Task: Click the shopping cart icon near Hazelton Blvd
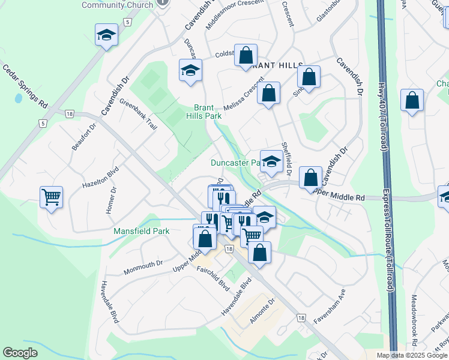(52, 196)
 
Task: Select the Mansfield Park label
(142, 231)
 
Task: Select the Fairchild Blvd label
(214, 277)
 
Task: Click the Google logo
(20, 353)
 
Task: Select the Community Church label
(117, 5)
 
